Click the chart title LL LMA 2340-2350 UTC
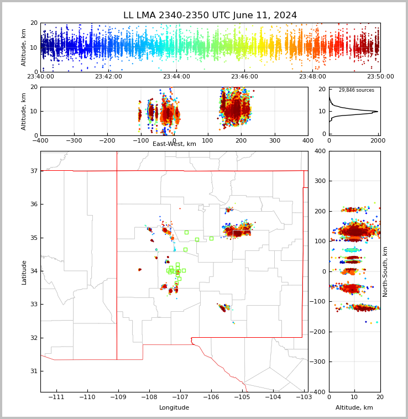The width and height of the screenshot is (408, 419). [x=210, y=15]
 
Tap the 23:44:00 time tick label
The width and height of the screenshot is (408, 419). [x=176, y=77]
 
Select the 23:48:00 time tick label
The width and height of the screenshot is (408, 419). [x=312, y=77]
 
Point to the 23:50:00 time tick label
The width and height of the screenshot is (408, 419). [x=380, y=77]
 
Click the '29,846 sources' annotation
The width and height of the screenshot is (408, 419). [x=356, y=90]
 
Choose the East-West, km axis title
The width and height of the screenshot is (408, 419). [x=174, y=144]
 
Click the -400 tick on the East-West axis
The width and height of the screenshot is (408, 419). [x=40, y=140]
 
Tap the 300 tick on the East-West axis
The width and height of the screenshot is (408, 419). [x=275, y=140]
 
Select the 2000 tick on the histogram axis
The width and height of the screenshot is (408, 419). [x=379, y=140]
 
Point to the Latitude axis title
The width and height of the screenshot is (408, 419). [x=24, y=272]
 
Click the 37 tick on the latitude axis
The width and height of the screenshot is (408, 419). [x=33, y=171]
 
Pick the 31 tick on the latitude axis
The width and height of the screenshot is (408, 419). [x=33, y=371]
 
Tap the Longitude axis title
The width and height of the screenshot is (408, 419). [x=174, y=408]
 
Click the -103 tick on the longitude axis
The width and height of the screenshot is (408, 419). [x=304, y=397]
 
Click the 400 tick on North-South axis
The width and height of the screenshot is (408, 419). [x=336, y=151]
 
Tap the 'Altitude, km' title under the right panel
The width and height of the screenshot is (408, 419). [x=354, y=408]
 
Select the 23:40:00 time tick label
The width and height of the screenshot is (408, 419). [x=40, y=77]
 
